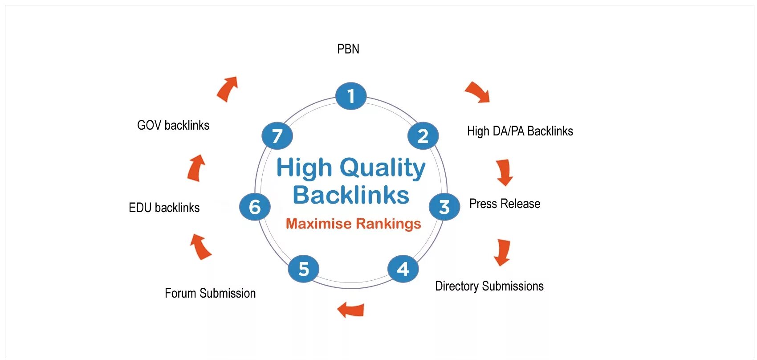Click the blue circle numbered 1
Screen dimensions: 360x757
pyautogui.click(x=351, y=96)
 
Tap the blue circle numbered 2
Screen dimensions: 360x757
pyautogui.click(x=423, y=136)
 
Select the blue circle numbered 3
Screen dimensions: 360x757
pyautogui.click(x=444, y=207)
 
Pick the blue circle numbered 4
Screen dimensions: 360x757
pyautogui.click(x=403, y=269)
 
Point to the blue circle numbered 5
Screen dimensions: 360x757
pyautogui.click(x=304, y=269)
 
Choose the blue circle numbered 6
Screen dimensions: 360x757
pyautogui.click(x=255, y=207)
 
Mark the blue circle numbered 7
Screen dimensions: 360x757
pyautogui.click(x=277, y=136)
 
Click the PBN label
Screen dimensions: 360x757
pyautogui.click(x=348, y=49)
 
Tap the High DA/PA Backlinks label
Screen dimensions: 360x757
pyautogui.click(x=520, y=131)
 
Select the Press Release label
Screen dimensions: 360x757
pyautogui.click(x=505, y=204)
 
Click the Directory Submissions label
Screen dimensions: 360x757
pyautogui.click(x=489, y=286)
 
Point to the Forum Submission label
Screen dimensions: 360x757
pyautogui.click(x=210, y=293)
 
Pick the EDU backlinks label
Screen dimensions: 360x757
pyautogui.click(x=164, y=208)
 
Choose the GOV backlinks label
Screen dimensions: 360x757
pyautogui.click(x=173, y=125)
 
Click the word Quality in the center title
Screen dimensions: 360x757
pyautogui.click(x=383, y=168)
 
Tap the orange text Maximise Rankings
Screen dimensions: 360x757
pyautogui.click(x=353, y=223)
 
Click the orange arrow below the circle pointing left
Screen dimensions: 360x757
pyautogui.click(x=351, y=309)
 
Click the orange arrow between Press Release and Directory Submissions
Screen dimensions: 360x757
pyautogui.click(x=503, y=252)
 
